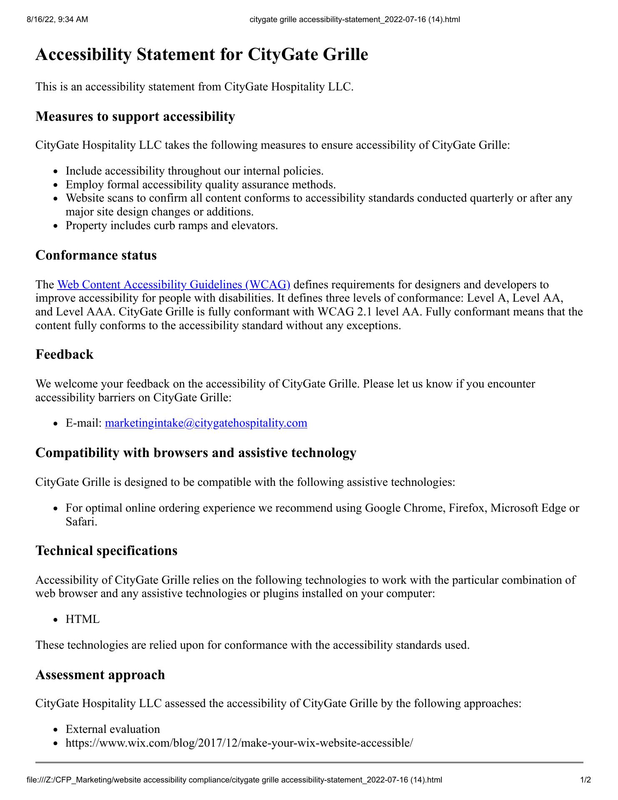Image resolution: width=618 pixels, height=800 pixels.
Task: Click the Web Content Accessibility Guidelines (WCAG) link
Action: coord(173,285)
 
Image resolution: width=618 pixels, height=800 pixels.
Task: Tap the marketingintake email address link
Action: coord(206,423)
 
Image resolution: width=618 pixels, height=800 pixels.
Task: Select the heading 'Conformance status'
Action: coord(96,255)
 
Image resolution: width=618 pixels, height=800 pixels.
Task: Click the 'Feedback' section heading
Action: coord(65,354)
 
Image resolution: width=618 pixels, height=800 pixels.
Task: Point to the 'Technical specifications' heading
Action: coord(107,550)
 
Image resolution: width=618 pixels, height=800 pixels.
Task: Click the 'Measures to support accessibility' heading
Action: coord(135,116)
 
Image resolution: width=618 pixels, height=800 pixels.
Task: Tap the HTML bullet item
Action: coord(83,619)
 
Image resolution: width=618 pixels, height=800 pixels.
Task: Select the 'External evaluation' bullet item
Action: coord(113,729)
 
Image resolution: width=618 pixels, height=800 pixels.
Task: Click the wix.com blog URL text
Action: coord(239,742)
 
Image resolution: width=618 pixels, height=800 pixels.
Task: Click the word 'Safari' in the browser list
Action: coord(81,521)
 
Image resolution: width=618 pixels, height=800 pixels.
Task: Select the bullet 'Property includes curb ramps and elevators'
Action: coord(172,225)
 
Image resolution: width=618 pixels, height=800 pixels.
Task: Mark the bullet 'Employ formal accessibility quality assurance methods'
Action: coord(201,185)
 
